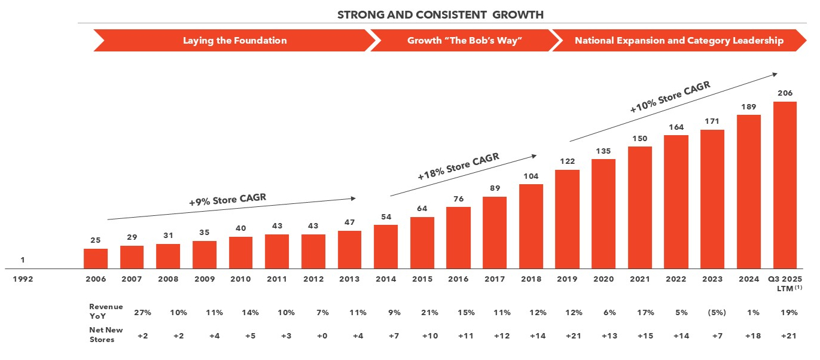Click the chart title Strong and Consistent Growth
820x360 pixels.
[441, 14]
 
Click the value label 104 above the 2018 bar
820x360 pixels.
[531, 176]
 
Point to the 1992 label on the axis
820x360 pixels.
[23, 279]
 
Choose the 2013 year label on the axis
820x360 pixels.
[349, 279]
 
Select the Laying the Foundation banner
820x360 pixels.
[234, 41]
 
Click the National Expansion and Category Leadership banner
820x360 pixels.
[679, 41]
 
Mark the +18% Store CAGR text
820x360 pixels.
[458, 167]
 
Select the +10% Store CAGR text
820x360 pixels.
[670, 97]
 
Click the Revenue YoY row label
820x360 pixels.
[106, 310]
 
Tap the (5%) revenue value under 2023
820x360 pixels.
[712, 313]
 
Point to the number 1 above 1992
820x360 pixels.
[23, 260]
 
